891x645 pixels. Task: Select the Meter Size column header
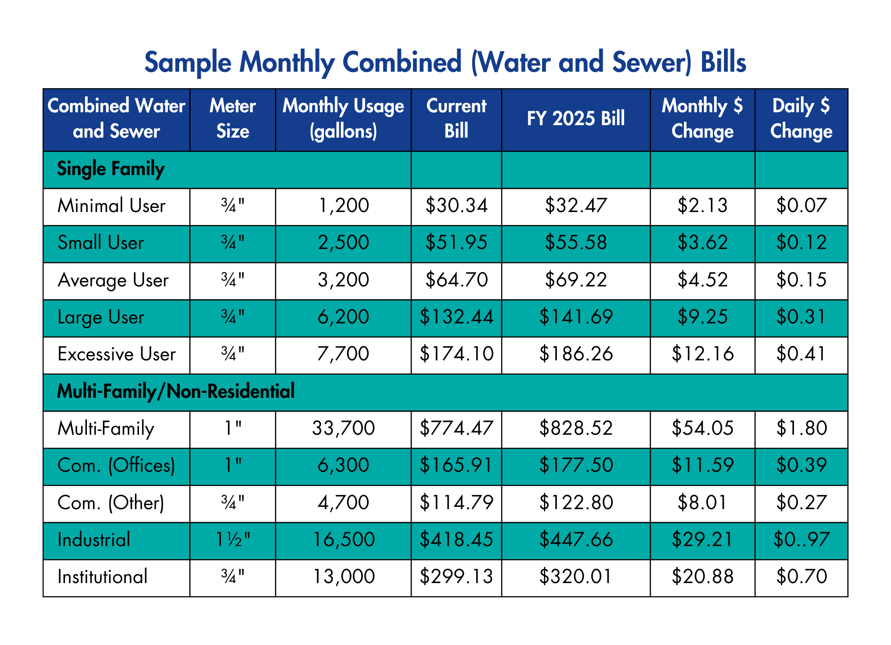(233, 119)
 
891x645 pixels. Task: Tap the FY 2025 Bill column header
(576, 119)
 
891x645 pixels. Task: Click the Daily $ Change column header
(801, 119)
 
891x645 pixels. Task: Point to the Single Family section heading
(111, 169)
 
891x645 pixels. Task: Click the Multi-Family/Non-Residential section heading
(176, 392)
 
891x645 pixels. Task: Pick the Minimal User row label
(111, 206)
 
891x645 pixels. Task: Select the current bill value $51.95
(456, 243)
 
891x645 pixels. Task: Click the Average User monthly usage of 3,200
(343, 280)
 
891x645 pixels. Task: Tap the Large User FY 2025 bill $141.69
(576, 317)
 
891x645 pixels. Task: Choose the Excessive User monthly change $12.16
(702, 354)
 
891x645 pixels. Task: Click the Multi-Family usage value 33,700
(343, 429)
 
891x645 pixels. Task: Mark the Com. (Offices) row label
(116, 465)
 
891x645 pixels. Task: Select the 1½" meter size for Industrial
(233, 540)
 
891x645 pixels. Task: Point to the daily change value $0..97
(801, 540)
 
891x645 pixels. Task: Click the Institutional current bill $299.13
(456, 577)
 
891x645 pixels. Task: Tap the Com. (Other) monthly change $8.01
(702, 503)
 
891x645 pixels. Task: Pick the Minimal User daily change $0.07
(801, 206)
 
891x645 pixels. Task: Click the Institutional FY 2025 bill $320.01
(576, 577)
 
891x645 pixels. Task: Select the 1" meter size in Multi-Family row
(233, 429)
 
